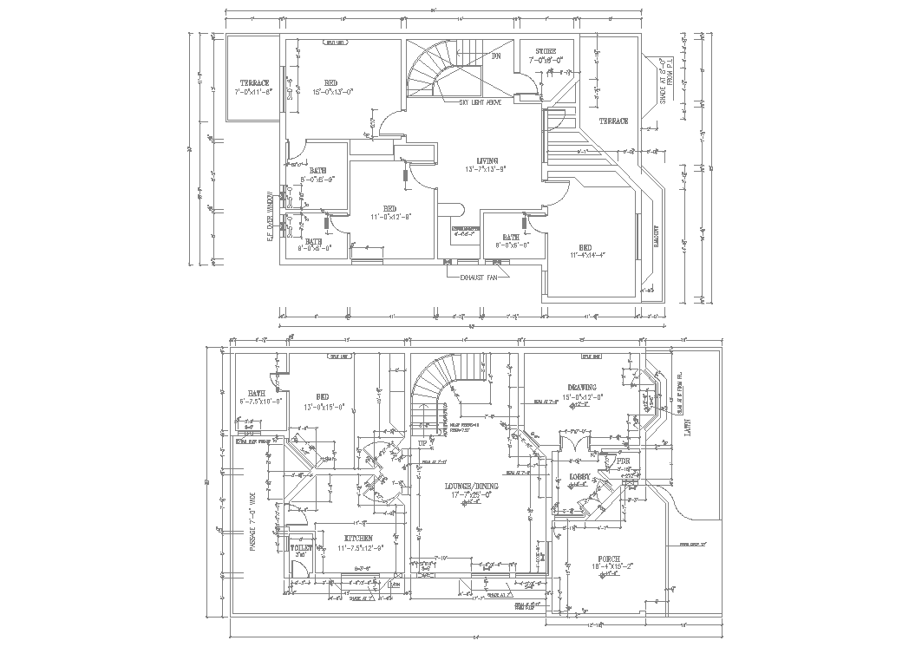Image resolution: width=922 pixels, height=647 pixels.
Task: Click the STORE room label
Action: (547, 52)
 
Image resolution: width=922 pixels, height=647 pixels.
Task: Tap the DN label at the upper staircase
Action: (496, 56)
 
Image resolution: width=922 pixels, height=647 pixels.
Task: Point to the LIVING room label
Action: (487, 160)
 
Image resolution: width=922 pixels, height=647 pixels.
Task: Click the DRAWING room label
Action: (583, 388)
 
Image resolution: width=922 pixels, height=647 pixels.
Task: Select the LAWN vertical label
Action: (688, 428)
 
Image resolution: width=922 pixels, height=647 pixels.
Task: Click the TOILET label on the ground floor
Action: (300, 549)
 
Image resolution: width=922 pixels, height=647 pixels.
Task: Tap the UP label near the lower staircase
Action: (423, 442)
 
